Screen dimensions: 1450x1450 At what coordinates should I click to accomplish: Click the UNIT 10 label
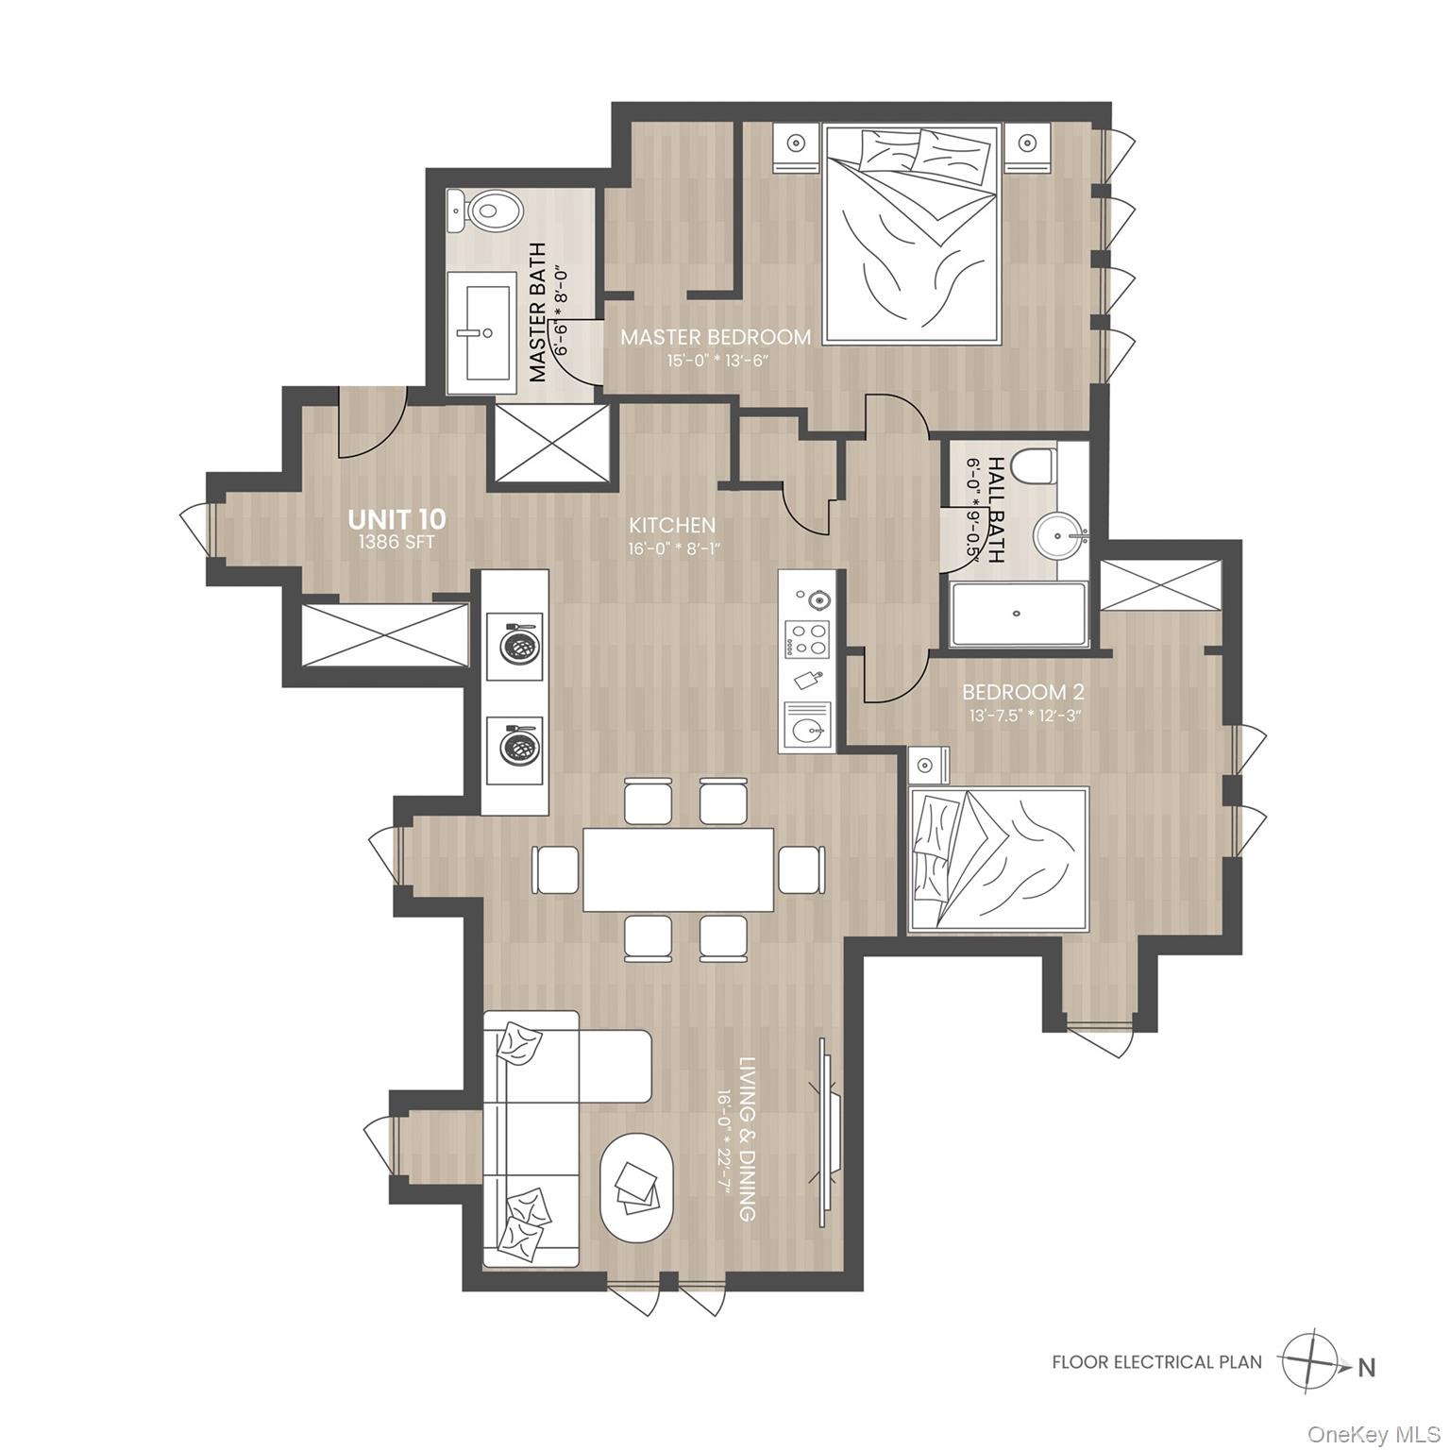396,519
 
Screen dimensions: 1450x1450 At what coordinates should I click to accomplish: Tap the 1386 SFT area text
396,543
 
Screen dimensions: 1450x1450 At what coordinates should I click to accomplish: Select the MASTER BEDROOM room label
715,337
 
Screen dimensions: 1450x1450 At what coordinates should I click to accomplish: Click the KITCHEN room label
672,525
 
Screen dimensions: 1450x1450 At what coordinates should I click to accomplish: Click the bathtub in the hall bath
1017,614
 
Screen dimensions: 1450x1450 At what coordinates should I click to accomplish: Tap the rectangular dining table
678,868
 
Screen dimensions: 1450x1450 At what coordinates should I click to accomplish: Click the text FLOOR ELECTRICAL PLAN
1156,1362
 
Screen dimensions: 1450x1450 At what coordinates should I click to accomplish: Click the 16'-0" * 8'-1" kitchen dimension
672,548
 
